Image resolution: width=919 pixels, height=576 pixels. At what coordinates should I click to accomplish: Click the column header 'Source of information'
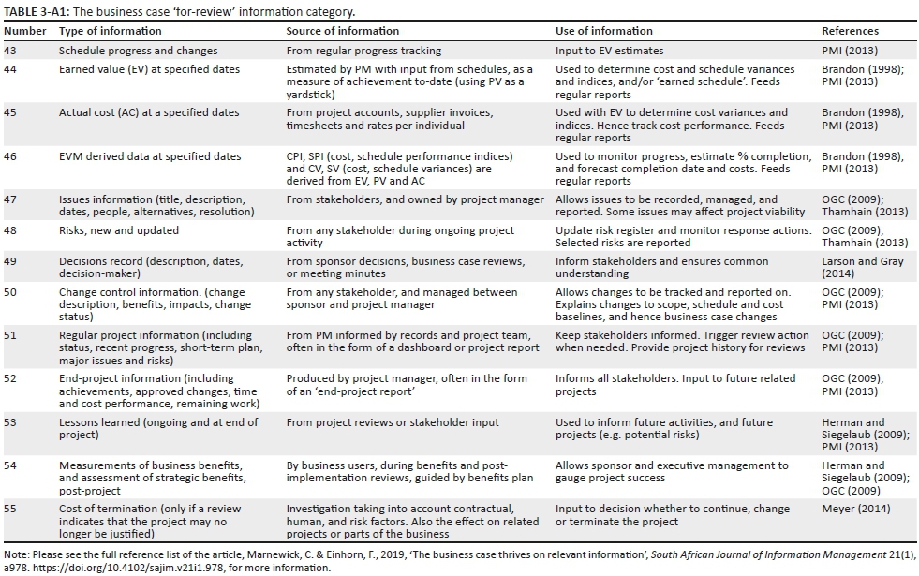(343, 31)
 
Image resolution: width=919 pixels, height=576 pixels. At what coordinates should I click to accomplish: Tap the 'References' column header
(850, 31)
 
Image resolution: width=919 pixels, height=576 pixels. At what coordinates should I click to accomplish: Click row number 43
(12, 51)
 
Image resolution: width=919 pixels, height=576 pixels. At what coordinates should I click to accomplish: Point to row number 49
(12, 261)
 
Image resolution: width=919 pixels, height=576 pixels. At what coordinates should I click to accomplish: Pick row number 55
(12, 509)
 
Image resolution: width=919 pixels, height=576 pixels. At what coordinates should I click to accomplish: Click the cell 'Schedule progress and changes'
(138, 51)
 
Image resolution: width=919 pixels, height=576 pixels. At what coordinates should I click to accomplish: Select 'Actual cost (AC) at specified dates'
(149, 112)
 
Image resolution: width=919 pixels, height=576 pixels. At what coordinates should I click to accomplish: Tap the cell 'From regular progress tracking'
(363, 51)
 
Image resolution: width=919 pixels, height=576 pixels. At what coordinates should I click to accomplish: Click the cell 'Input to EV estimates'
(609, 51)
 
